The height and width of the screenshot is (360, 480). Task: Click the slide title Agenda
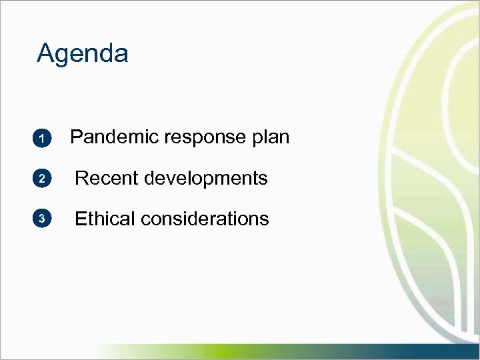(83, 53)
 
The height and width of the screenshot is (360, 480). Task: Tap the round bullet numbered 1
(41, 139)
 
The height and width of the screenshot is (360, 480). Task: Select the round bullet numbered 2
(41, 179)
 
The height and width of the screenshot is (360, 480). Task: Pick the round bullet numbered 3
(41, 219)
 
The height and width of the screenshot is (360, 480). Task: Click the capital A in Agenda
(45, 53)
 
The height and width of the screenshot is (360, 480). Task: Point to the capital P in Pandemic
(76, 137)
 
